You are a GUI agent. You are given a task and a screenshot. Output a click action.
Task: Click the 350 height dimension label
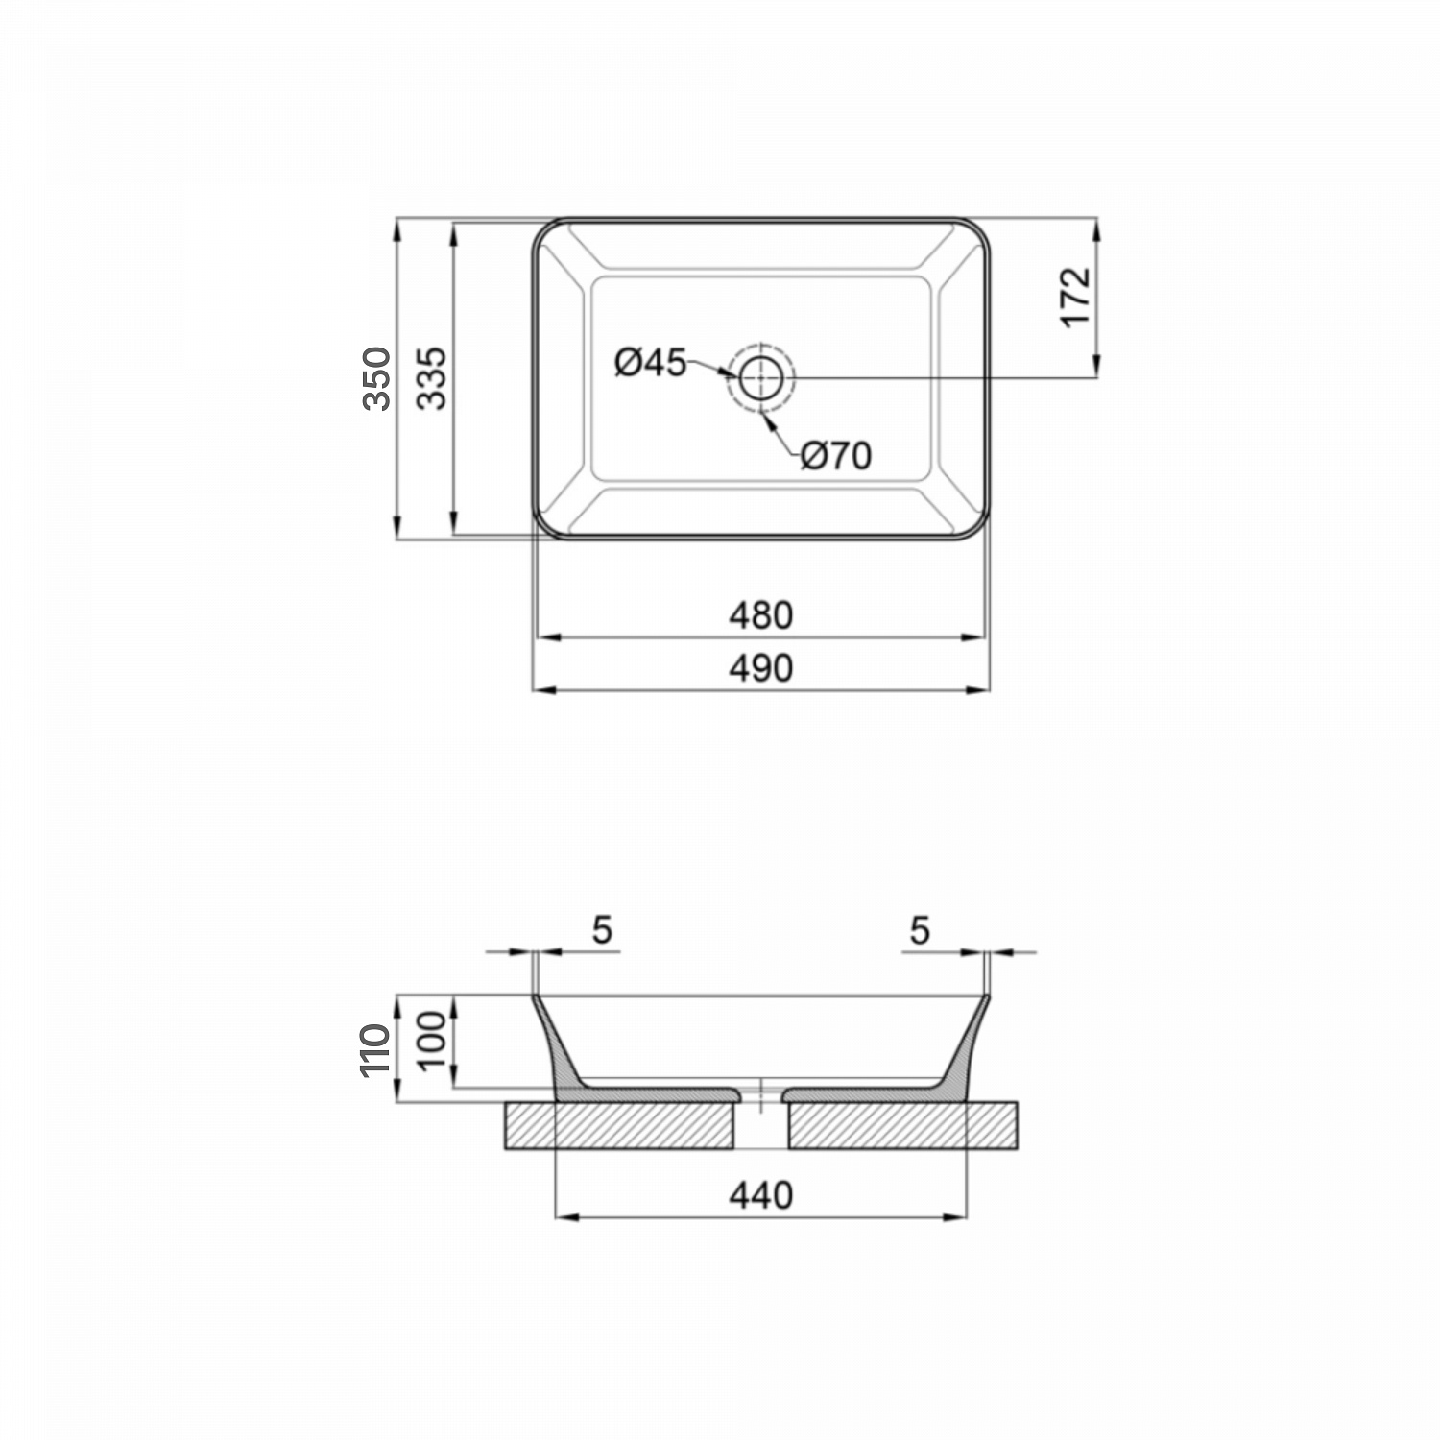[377, 378]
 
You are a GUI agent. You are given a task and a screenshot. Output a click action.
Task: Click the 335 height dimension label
[432, 378]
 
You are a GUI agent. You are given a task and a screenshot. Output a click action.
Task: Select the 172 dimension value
[1077, 297]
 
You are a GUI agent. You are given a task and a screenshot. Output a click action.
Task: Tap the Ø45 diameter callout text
[651, 363]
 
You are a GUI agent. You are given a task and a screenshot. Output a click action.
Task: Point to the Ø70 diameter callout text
[836, 456]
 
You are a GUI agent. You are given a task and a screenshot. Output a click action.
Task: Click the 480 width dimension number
[760, 615]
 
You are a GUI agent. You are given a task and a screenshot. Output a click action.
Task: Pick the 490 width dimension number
[760, 668]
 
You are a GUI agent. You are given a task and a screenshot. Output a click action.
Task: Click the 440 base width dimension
[760, 1195]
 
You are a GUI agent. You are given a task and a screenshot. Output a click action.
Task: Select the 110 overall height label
[377, 1050]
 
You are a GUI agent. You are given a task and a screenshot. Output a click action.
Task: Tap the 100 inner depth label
[432, 1040]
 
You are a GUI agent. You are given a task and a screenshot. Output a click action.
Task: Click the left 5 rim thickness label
[602, 930]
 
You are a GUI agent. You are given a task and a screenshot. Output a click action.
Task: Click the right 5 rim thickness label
[920, 930]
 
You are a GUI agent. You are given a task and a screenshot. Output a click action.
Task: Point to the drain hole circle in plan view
[761, 377]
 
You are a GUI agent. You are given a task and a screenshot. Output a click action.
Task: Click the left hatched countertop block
[619, 1126]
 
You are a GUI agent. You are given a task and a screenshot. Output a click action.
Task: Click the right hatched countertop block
[902, 1126]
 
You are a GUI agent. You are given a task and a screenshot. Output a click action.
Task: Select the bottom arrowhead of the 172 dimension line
[1097, 366]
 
